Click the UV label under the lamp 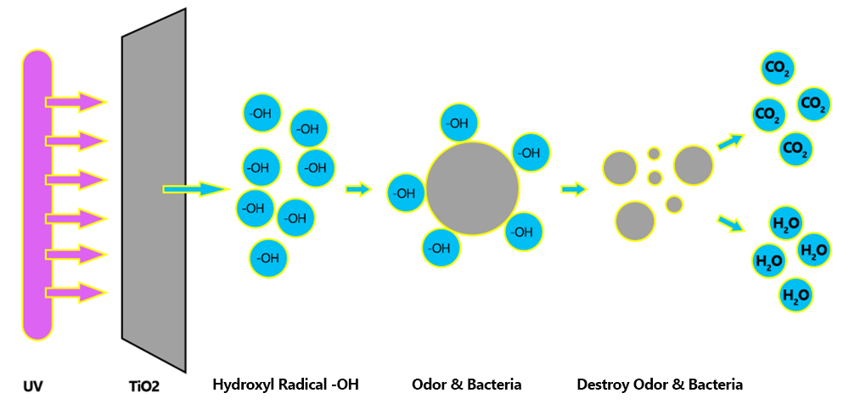tap(33, 387)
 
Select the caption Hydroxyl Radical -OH tap(286, 385)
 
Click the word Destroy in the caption tap(600, 385)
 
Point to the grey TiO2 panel tap(155, 190)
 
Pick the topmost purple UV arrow tap(76, 102)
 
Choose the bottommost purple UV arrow tap(76, 293)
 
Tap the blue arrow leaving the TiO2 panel tap(196, 189)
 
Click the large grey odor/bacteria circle tap(472, 189)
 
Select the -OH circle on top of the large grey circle tap(459, 123)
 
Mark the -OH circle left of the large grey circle tap(407, 194)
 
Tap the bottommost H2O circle tap(796, 295)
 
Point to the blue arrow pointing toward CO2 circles tap(730, 142)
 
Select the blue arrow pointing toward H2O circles tap(730, 223)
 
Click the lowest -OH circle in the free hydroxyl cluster tap(268, 258)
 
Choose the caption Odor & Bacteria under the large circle tap(467, 385)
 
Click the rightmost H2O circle tap(814, 250)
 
